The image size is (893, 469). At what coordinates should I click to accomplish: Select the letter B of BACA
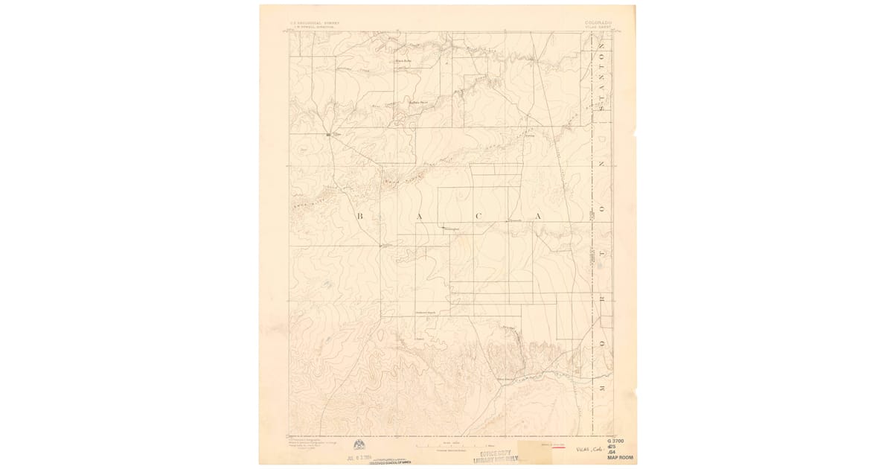coord(359,217)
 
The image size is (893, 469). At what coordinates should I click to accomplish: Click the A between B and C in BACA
coord(419,217)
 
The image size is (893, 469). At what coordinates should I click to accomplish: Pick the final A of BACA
coord(535,217)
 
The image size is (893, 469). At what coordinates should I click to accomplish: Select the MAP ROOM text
coord(621,458)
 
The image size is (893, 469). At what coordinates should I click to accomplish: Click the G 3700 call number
coord(621,442)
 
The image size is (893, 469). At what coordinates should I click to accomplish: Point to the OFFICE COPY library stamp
coord(496,456)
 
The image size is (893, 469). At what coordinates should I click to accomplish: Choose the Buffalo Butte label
coord(418,101)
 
